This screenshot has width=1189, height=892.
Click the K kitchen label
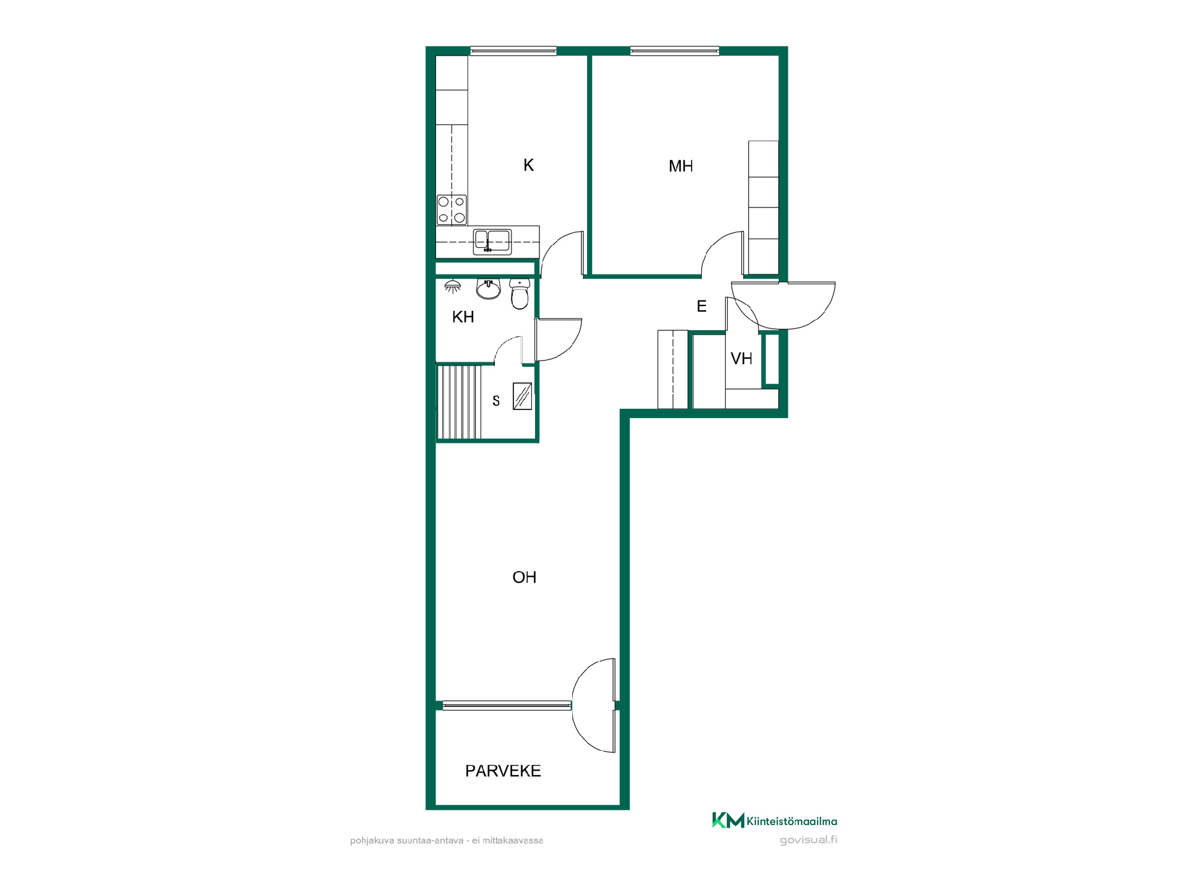click(528, 165)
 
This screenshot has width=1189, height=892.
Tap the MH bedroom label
click(681, 166)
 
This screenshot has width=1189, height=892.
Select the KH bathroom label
click(463, 317)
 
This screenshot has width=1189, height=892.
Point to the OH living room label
click(524, 577)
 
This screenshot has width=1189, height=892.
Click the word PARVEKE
click(503, 771)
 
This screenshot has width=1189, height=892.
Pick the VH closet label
click(741, 359)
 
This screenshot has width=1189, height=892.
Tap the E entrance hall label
click(702, 306)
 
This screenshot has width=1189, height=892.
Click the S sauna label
click(496, 401)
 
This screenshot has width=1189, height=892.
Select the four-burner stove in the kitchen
click(451, 210)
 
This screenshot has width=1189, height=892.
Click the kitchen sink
click(492, 242)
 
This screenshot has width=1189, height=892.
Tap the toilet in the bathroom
click(520, 294)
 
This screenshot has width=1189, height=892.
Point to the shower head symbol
click(453, 286)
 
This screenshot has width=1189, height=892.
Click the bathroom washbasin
click(488, 289)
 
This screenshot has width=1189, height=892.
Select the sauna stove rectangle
click(523, 396)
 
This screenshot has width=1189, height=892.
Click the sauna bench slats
click(459, 402)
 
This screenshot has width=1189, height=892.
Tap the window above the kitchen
click(513, 51)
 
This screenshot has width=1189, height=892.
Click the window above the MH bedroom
click(674, 51)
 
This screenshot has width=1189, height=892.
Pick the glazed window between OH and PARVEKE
click(507, 706)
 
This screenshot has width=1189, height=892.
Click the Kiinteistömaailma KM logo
click(775, 821)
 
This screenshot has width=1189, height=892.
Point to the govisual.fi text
click(808, 841)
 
